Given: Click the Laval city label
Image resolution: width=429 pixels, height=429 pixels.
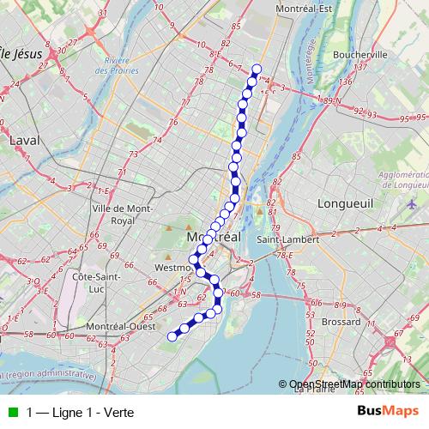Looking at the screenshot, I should click(x=24, y=139).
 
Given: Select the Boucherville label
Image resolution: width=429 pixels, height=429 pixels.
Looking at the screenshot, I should click(x=360, y=53).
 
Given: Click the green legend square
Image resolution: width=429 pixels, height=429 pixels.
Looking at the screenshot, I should click(x=11, y=412).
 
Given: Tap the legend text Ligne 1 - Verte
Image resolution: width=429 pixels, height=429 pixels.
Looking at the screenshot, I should click(x=81, y=412).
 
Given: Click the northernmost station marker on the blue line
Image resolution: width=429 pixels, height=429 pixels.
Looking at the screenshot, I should click(x=256, y=69).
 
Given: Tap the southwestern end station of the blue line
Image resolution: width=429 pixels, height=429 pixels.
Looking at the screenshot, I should click(x=171, y=336).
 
